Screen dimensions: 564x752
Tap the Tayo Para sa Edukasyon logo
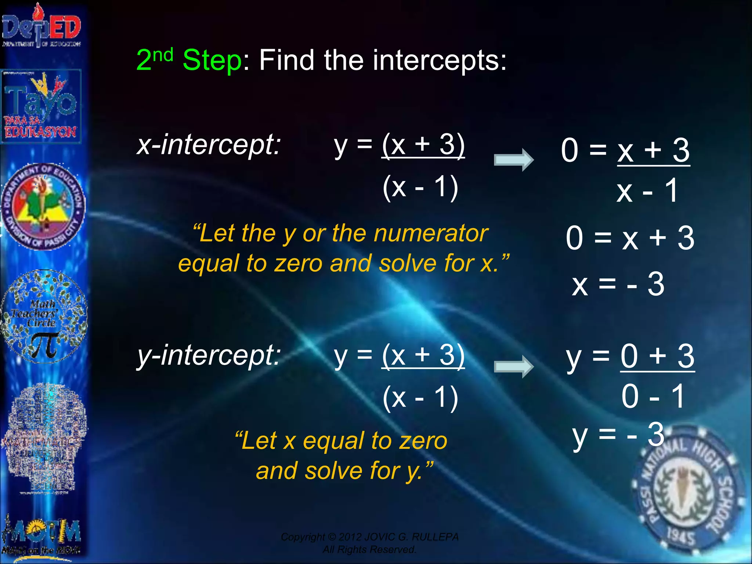pyautogui.click(x=41, y=106)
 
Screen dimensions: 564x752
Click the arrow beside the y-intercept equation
pyautogui.click(x=513, y=366)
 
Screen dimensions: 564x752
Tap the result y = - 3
pyautogui.click(x=618, y=435)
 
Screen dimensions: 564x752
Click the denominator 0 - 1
pyautogui.click(x=653, y=397)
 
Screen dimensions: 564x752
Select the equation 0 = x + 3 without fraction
pyautogui.click(x=630, y=238)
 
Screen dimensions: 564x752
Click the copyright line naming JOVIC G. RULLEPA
pyautogui.click(x=369, y=537)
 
